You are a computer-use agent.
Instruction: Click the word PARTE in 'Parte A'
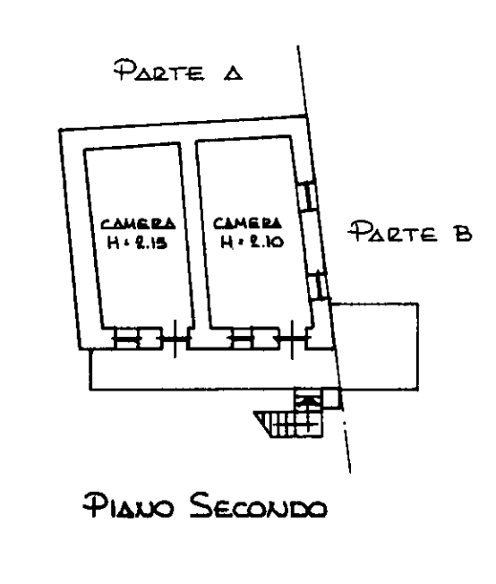coord(159,70)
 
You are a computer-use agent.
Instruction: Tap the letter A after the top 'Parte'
coord(233,73)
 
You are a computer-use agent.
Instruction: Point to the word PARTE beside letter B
coord(392,232)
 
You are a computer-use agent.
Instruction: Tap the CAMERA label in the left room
coord(138,223)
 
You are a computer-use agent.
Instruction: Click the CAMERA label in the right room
coord(247,223)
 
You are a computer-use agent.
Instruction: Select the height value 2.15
coord(151,243)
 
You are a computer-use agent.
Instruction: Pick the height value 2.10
coord(264,242)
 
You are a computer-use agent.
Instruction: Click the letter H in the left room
coord(113,243)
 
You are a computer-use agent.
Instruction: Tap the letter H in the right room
coord(227,243)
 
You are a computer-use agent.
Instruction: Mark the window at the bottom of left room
coord(138,339)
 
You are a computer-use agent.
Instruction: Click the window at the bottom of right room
coord(255,339)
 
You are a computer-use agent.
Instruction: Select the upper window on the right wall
coord(308,196)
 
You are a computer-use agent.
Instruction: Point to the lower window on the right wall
coord(319,286)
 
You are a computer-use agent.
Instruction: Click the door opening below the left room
coord(175,339)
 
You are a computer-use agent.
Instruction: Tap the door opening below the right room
coord(292,339)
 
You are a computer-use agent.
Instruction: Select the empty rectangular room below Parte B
coord(376,347)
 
